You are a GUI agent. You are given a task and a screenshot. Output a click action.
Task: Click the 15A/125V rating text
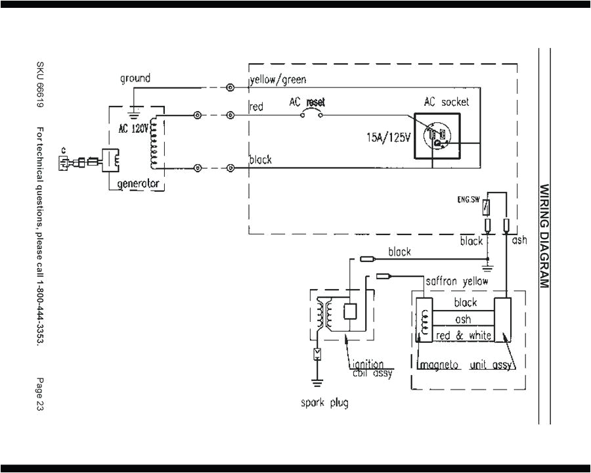click(389, 139)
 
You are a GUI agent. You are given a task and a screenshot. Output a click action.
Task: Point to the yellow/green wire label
click(277, 80)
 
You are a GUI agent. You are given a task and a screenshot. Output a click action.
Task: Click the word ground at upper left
click(135, 78)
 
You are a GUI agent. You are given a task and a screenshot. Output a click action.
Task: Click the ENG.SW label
click(468, 198)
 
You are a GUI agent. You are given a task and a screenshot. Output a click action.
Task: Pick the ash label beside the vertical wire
click(519, 241)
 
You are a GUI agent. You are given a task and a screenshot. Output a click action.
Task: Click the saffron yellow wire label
click(457, 281)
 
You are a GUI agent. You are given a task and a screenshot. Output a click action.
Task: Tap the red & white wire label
click(464, 335)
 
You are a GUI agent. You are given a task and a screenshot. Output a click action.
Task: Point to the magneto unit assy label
click(464, 365)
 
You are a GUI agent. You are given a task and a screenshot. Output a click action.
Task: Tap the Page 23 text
click(41, 394)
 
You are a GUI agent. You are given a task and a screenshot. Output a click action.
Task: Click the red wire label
click(257, 106)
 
